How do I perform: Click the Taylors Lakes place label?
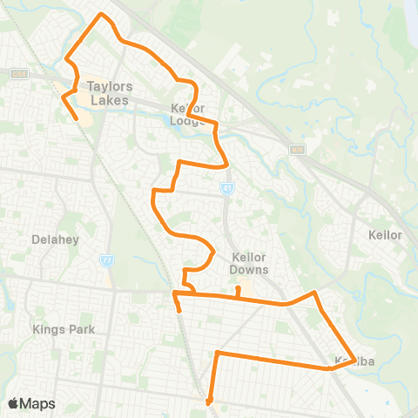click(x=108, y=93)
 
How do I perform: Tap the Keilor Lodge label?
click(x=189, y=114)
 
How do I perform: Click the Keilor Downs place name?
click(x=250, y=263)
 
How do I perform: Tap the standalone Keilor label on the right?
click(x=385, y=235)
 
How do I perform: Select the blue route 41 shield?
click(x=226, y=186)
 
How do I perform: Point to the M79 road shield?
click(x=296, y=149)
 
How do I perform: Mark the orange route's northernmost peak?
click(x=104, y=15)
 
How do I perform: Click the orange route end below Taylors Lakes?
click(x=76, y=118)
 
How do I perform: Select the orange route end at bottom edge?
click(x=209, y=402)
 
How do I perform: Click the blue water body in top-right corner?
click(x=411, y=10)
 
